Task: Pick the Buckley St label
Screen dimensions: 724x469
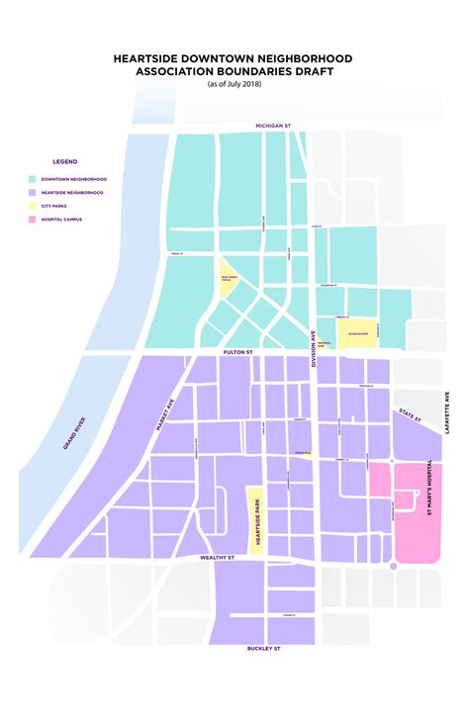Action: coord(263,649)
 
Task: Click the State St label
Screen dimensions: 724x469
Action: coord(410,414)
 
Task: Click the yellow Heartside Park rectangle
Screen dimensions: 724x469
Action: coord(254,520)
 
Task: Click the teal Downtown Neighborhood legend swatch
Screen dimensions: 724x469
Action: coord(33,179)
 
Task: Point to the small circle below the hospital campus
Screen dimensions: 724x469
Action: coord(394,566)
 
